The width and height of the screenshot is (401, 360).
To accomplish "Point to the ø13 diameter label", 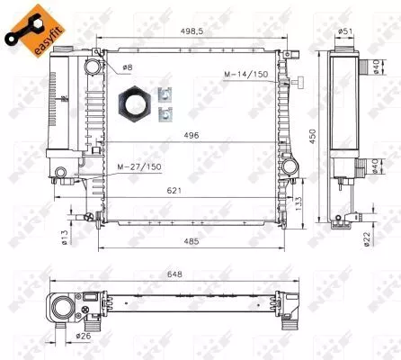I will [65, 237].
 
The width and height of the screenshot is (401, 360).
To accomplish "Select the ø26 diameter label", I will [84, 337].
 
